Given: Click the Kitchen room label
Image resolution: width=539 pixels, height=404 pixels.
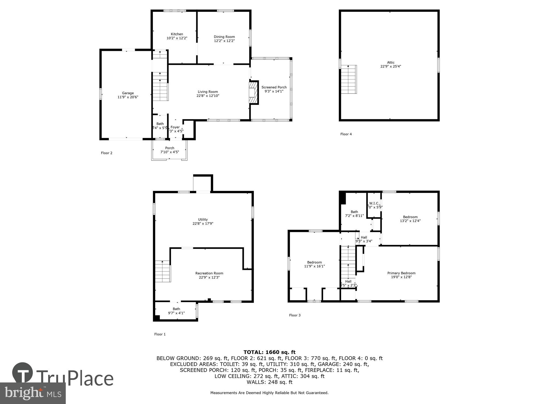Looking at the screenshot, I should [x=177, y=34].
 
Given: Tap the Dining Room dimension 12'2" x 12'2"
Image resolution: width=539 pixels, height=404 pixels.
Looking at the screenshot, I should [x=224, y=41].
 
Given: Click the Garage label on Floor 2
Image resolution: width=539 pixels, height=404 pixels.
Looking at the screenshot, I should [x=128, y=93].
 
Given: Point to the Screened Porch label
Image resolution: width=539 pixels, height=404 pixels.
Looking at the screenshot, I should [x=274, y=87].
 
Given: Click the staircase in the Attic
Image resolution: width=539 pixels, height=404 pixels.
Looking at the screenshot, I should [x=349, y=79].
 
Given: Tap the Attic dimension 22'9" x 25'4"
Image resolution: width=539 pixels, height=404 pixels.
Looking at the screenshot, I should [x=391, y=67].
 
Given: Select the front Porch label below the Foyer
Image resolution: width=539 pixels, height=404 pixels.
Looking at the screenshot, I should [x=170, y=148].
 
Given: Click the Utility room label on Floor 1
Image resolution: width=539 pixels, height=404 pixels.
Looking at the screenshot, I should [x=203, y=220].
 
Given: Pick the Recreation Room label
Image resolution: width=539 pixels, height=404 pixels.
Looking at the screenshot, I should [x=209, y=273].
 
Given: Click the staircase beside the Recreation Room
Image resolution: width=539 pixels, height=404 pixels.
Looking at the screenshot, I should [x=163, y=271].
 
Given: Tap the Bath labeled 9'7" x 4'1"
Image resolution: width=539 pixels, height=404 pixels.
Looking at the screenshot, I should [x=176, y=311].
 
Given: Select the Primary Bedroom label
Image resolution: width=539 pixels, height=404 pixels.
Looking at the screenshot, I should [x=401, y=273].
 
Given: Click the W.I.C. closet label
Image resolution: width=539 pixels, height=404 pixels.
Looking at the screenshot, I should [x=374, y=203].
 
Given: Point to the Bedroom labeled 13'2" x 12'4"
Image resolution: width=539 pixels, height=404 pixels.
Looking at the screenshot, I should [x=410, y=219].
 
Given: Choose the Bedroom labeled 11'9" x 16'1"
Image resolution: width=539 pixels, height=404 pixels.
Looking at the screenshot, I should [x=315, y=264].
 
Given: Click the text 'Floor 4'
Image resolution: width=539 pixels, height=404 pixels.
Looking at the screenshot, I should [x=346, y=134].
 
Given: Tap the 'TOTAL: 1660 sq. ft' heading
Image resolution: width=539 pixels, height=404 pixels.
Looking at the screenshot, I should [x=269, y=352].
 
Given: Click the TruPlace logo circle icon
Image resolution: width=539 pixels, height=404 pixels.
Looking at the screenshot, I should [x=22, y=373].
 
